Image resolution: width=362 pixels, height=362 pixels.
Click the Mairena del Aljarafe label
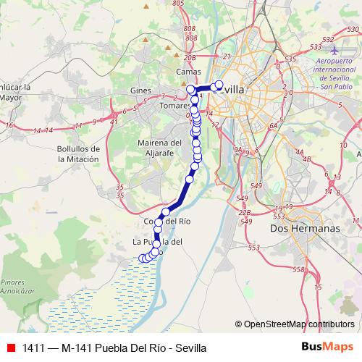pos(160,148)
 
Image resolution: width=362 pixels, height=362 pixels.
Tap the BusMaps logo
pos(324,347)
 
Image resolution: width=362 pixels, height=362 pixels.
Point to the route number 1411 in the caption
pos(33,348)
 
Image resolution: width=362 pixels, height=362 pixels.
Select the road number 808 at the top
pos(190,28)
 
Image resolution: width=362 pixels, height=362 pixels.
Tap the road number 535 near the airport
pos(292,60)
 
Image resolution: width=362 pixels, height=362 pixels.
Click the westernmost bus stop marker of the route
pos(142,258)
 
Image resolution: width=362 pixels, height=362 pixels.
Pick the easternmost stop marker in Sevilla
pos(219,84)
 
